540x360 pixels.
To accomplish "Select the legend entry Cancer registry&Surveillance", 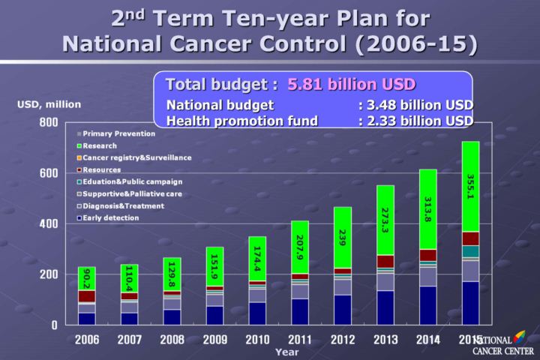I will (x=136, y=157).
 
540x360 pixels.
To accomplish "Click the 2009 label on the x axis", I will (x=214, y=340).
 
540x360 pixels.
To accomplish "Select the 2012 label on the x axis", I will (x=343, y=340).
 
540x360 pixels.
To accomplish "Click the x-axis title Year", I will (x=286, y=351).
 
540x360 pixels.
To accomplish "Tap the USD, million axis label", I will (x=49, y=104).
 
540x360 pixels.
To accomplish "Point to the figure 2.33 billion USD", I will (x=420, y=120).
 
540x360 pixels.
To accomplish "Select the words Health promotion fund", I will (x=241, y=120).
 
